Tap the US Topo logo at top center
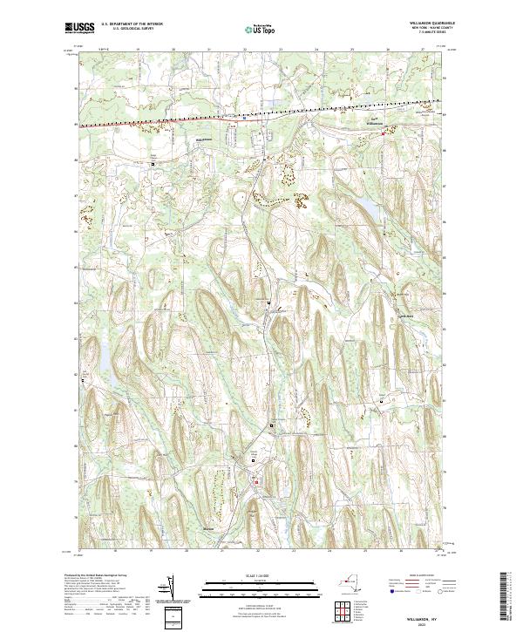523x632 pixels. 261,29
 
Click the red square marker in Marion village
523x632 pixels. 255,481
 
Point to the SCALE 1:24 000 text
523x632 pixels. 261,576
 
